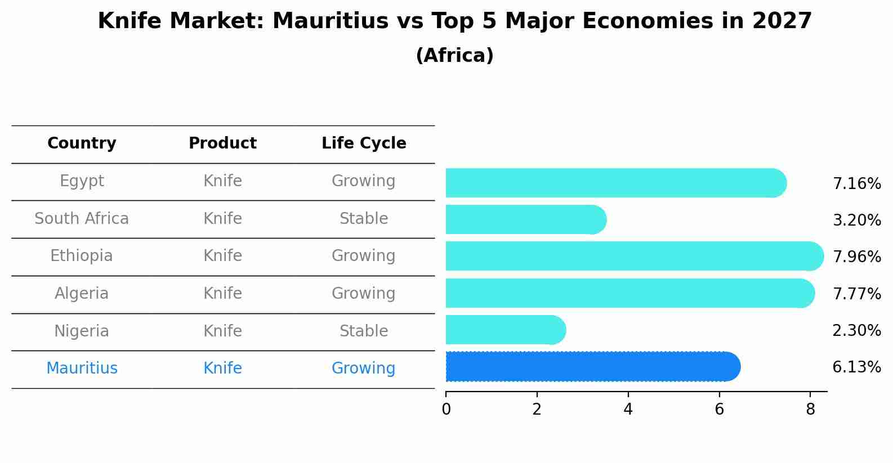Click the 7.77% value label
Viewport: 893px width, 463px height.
pos(856,294)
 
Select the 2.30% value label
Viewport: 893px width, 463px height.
pos(856,330)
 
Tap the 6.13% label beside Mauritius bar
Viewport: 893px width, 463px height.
pos(856,367)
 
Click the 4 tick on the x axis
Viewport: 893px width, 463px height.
pos(628,410)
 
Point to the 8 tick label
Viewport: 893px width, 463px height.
pos(810,410)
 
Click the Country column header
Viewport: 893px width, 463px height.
pos(82,143)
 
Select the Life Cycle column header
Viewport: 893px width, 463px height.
pos(364,143)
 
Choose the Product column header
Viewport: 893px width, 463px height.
pos(222,143)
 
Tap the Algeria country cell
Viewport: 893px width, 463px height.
pos(82,294)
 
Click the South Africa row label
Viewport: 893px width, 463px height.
pos(82,219)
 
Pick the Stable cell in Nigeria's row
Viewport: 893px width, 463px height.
pos(364,331)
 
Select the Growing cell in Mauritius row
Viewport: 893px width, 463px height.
pos(364,368)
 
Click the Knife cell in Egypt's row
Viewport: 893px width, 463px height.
pos(222,181)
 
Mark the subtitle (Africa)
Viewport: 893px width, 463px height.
pos(454,56)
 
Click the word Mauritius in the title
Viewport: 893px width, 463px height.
pos(331,21)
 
